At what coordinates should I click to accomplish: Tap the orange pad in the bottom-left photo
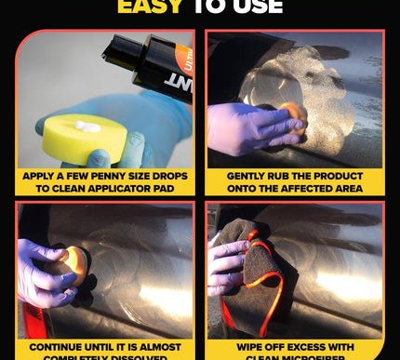coord(74,265)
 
